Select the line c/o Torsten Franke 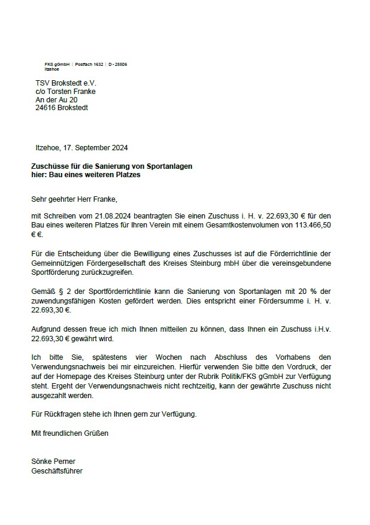pos(65,92)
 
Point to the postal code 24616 pos(46,108)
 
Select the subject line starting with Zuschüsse pos(111,166)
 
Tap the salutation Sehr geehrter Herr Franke pos(78,199)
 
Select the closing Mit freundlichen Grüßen pos(69,433)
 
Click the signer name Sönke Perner pos(53,462)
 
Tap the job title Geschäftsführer pos(57,471)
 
